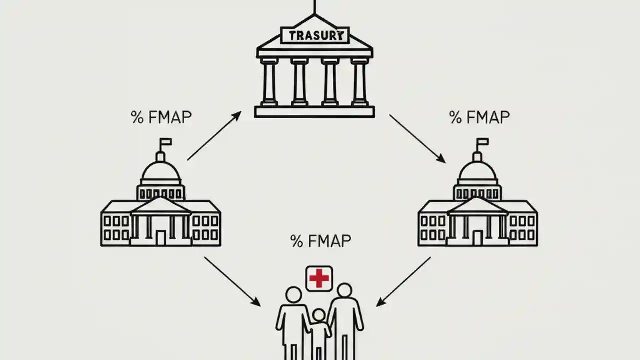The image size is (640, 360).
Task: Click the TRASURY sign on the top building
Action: click(315, 35)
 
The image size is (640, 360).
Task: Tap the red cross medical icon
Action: click(319, 278)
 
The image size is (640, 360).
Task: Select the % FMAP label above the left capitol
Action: click(161, 117)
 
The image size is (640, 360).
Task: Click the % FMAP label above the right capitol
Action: click(479, 117)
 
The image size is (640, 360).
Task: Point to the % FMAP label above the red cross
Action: click(320, 241)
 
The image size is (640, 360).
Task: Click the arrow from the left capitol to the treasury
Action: click(214, 136)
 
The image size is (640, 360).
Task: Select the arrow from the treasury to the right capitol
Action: click(417, 138)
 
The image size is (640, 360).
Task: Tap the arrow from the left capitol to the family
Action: click(232, 281)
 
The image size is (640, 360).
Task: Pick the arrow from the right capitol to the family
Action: click(403, 281)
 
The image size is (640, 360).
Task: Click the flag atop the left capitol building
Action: click(166, 142)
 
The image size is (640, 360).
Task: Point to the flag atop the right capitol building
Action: click(483, 142)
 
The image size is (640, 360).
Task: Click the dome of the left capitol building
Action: click(161, 171)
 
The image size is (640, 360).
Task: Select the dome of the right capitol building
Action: click(478, 171)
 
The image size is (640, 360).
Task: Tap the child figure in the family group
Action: click(319, 330)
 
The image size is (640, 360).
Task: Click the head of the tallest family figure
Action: click(344, 291)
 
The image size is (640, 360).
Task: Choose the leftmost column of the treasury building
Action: click(269, 82)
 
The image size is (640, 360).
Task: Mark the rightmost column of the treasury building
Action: click(359, 82)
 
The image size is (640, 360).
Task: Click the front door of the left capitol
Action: click(161, 237)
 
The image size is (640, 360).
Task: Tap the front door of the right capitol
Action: click(478, 237)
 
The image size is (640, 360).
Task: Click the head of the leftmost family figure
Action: click(294, 294)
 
